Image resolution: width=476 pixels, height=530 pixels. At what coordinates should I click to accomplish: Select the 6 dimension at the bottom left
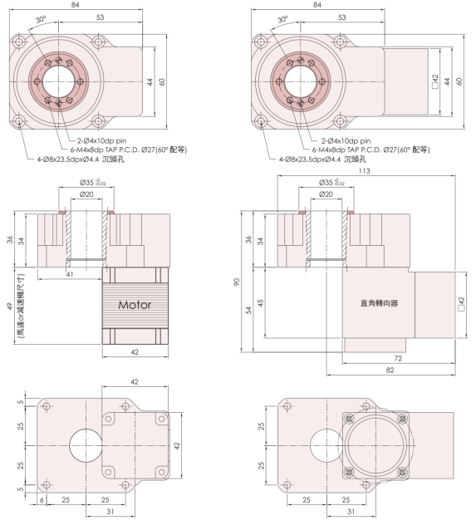[x=40, y=500]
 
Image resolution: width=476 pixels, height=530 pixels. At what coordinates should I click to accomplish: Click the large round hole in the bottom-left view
[x=86, y=443]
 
